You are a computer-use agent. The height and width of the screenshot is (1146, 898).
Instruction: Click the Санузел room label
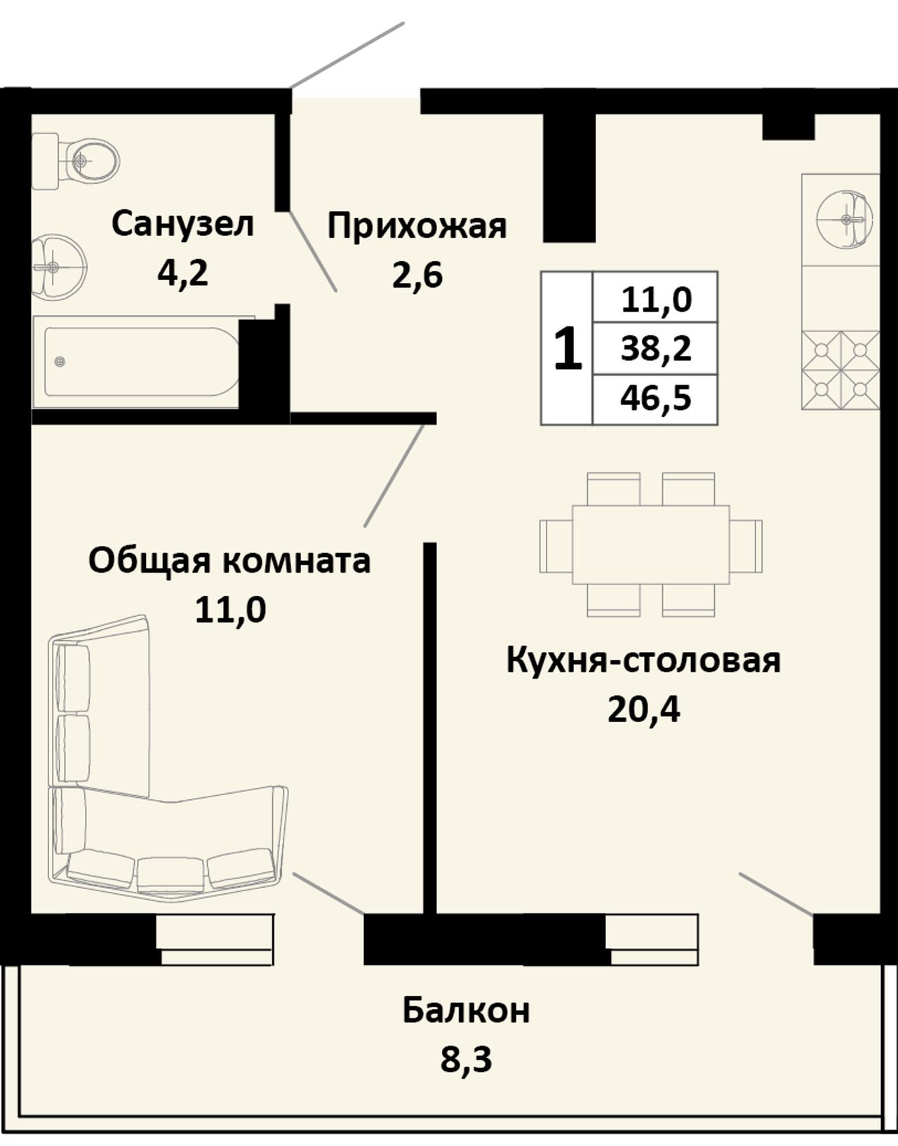(183, 224)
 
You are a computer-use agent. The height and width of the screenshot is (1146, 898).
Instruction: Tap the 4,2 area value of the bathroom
(182, 274)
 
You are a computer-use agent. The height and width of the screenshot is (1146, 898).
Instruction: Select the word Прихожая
(417, 227)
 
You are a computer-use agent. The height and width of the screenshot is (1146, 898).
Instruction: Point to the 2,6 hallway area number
(417, 275)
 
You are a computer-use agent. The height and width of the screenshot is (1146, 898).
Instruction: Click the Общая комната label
(230, 561)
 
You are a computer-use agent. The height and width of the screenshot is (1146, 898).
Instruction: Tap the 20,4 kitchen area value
(644, 710)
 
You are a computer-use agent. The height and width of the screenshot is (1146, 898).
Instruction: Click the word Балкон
(467, 1011)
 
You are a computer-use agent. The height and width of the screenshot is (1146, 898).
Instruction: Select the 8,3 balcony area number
(466, 1060)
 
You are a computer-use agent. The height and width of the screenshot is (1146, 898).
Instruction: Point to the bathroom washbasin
(58, 267)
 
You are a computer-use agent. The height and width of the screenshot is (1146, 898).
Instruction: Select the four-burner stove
(840, 371)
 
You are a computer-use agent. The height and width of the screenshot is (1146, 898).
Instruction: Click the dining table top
(651, 545)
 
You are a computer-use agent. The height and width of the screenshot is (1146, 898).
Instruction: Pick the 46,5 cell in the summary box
(655, 399)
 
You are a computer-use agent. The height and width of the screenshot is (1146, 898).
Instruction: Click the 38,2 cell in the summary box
(655, 349)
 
